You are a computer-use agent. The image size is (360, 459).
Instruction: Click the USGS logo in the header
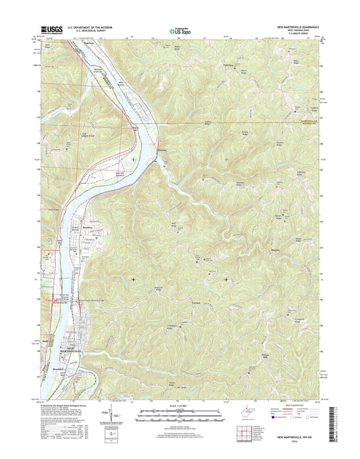51,29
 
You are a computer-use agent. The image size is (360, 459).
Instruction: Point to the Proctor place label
161,160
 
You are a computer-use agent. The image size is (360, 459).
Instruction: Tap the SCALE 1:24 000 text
180,406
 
